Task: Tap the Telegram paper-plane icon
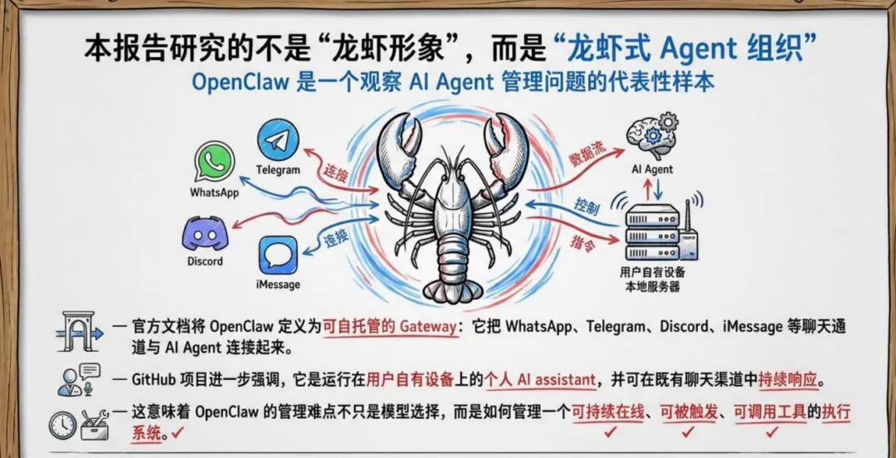(277, 139)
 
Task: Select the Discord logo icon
(204, 233)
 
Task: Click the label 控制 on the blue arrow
(586, 205)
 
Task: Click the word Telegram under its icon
(277, 170)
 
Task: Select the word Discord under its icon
(204, 261)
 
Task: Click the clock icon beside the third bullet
(62, 425)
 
